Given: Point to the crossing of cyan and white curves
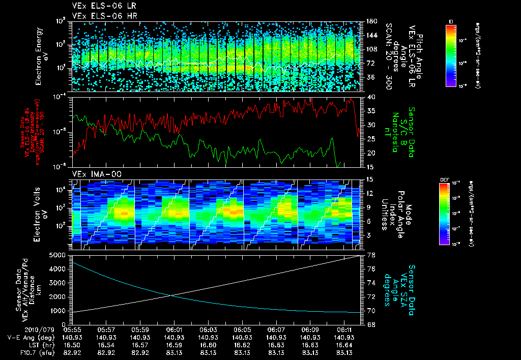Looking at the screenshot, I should [170, 295].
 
